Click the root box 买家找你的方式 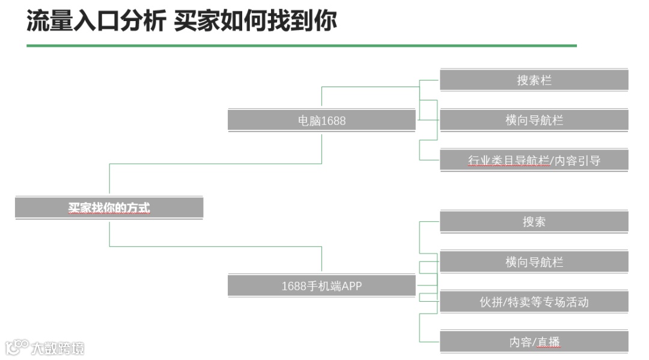coord(109,208)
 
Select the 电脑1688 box coord(321,120)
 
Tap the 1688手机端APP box coord(321,286)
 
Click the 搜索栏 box coord(534,80)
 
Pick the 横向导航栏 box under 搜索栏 coord(534,120)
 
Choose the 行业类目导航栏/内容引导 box coord(534,160)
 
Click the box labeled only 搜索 coord(534,222)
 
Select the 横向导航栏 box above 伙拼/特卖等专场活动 coord(534,262)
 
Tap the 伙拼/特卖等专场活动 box coord(534,302)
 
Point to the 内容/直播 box coord(534,342)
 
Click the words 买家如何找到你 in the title coord(255,22)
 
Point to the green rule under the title coord(300,46)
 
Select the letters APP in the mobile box coord(352,286)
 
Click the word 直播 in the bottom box coord(548,343)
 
